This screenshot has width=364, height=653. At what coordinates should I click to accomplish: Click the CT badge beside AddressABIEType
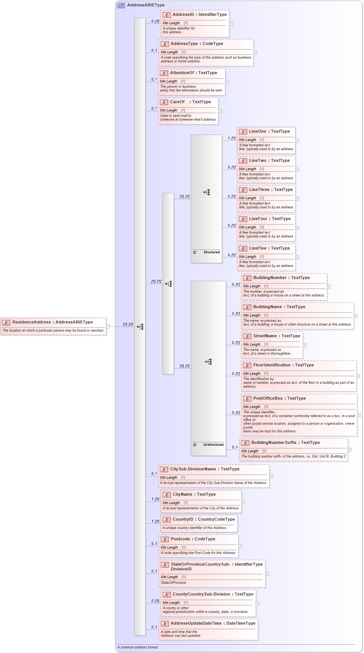point(121,5)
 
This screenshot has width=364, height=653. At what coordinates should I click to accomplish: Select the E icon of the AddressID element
point(167,15)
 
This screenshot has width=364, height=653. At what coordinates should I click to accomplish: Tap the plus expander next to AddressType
point(255,53)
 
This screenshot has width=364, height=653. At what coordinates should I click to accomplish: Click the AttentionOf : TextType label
point(193,73)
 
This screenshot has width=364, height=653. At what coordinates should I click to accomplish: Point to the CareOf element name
point(177,102)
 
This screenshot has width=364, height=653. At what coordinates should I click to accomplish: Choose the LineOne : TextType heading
point(269,131)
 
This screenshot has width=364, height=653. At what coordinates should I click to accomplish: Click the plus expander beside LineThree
point(297,199)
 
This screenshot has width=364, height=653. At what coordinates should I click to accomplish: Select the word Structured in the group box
point(211,252)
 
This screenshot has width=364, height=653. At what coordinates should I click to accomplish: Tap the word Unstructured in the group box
point(213,445)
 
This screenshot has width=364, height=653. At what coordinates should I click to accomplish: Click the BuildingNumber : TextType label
point(281,278)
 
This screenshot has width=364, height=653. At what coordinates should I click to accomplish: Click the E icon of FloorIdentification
point(247,366)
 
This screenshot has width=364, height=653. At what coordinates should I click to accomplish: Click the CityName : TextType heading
point(194,494)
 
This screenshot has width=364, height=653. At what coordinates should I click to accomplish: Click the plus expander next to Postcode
point(240,546)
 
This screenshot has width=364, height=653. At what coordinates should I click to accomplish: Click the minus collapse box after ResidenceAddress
point(108,326)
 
